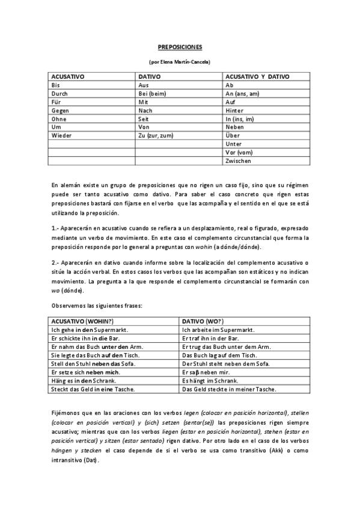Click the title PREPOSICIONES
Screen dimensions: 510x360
tap(180, 46)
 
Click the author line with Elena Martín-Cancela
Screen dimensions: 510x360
tap(180, 61)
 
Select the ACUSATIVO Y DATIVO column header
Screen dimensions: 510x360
tap(257, 77)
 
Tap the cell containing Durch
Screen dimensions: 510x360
tap(60, 94)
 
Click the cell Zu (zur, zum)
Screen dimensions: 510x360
tap(156, 136)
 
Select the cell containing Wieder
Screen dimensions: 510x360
tap(62, 136)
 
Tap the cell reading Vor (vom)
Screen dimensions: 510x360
tap(239, 153)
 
